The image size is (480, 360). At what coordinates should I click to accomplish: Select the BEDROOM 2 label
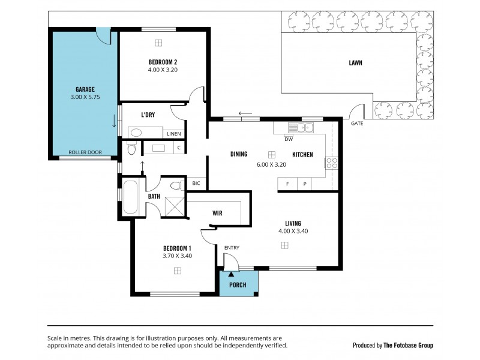(x=163, y=62)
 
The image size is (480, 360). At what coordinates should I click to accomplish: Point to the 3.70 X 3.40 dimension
(x=177, y=256)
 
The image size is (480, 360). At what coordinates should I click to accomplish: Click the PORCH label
(x=239, y=284)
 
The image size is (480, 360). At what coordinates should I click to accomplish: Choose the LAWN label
(x=355, y=62)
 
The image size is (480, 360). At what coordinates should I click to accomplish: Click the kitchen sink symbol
(x=300, y=127)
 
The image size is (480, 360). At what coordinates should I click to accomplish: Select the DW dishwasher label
(x=289, y=139)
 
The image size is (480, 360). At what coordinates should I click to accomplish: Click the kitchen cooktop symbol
(x=331, y=163)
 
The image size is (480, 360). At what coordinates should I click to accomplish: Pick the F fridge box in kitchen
(x=288, y=184)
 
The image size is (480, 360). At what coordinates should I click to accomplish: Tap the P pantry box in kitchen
(x=305, y=184)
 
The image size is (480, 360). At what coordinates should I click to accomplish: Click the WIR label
(x=218, y=212)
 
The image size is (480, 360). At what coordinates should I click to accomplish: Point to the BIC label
(x=196, y=184)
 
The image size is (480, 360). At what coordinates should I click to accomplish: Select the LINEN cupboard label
(x=174, y=134)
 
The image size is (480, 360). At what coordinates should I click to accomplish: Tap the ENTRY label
(x=232, y=248)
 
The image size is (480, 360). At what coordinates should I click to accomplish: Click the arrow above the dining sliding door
(x=245, y=113)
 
